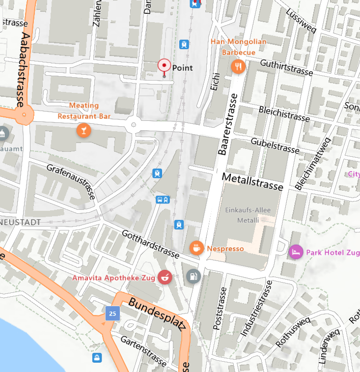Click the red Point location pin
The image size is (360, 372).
coord(164,66)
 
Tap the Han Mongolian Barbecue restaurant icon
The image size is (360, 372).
coord(238,66)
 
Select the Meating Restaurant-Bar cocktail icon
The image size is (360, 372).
coord(83,130)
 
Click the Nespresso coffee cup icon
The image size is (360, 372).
coord(197,248)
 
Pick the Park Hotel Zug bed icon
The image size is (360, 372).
coord(295,252)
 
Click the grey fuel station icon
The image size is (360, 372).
coord(194,276)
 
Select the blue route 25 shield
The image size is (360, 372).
coord(112,313)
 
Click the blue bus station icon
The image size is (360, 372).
coord(163,200)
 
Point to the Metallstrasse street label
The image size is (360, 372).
coord(252,181)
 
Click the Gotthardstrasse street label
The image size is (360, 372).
coord(150,244)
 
